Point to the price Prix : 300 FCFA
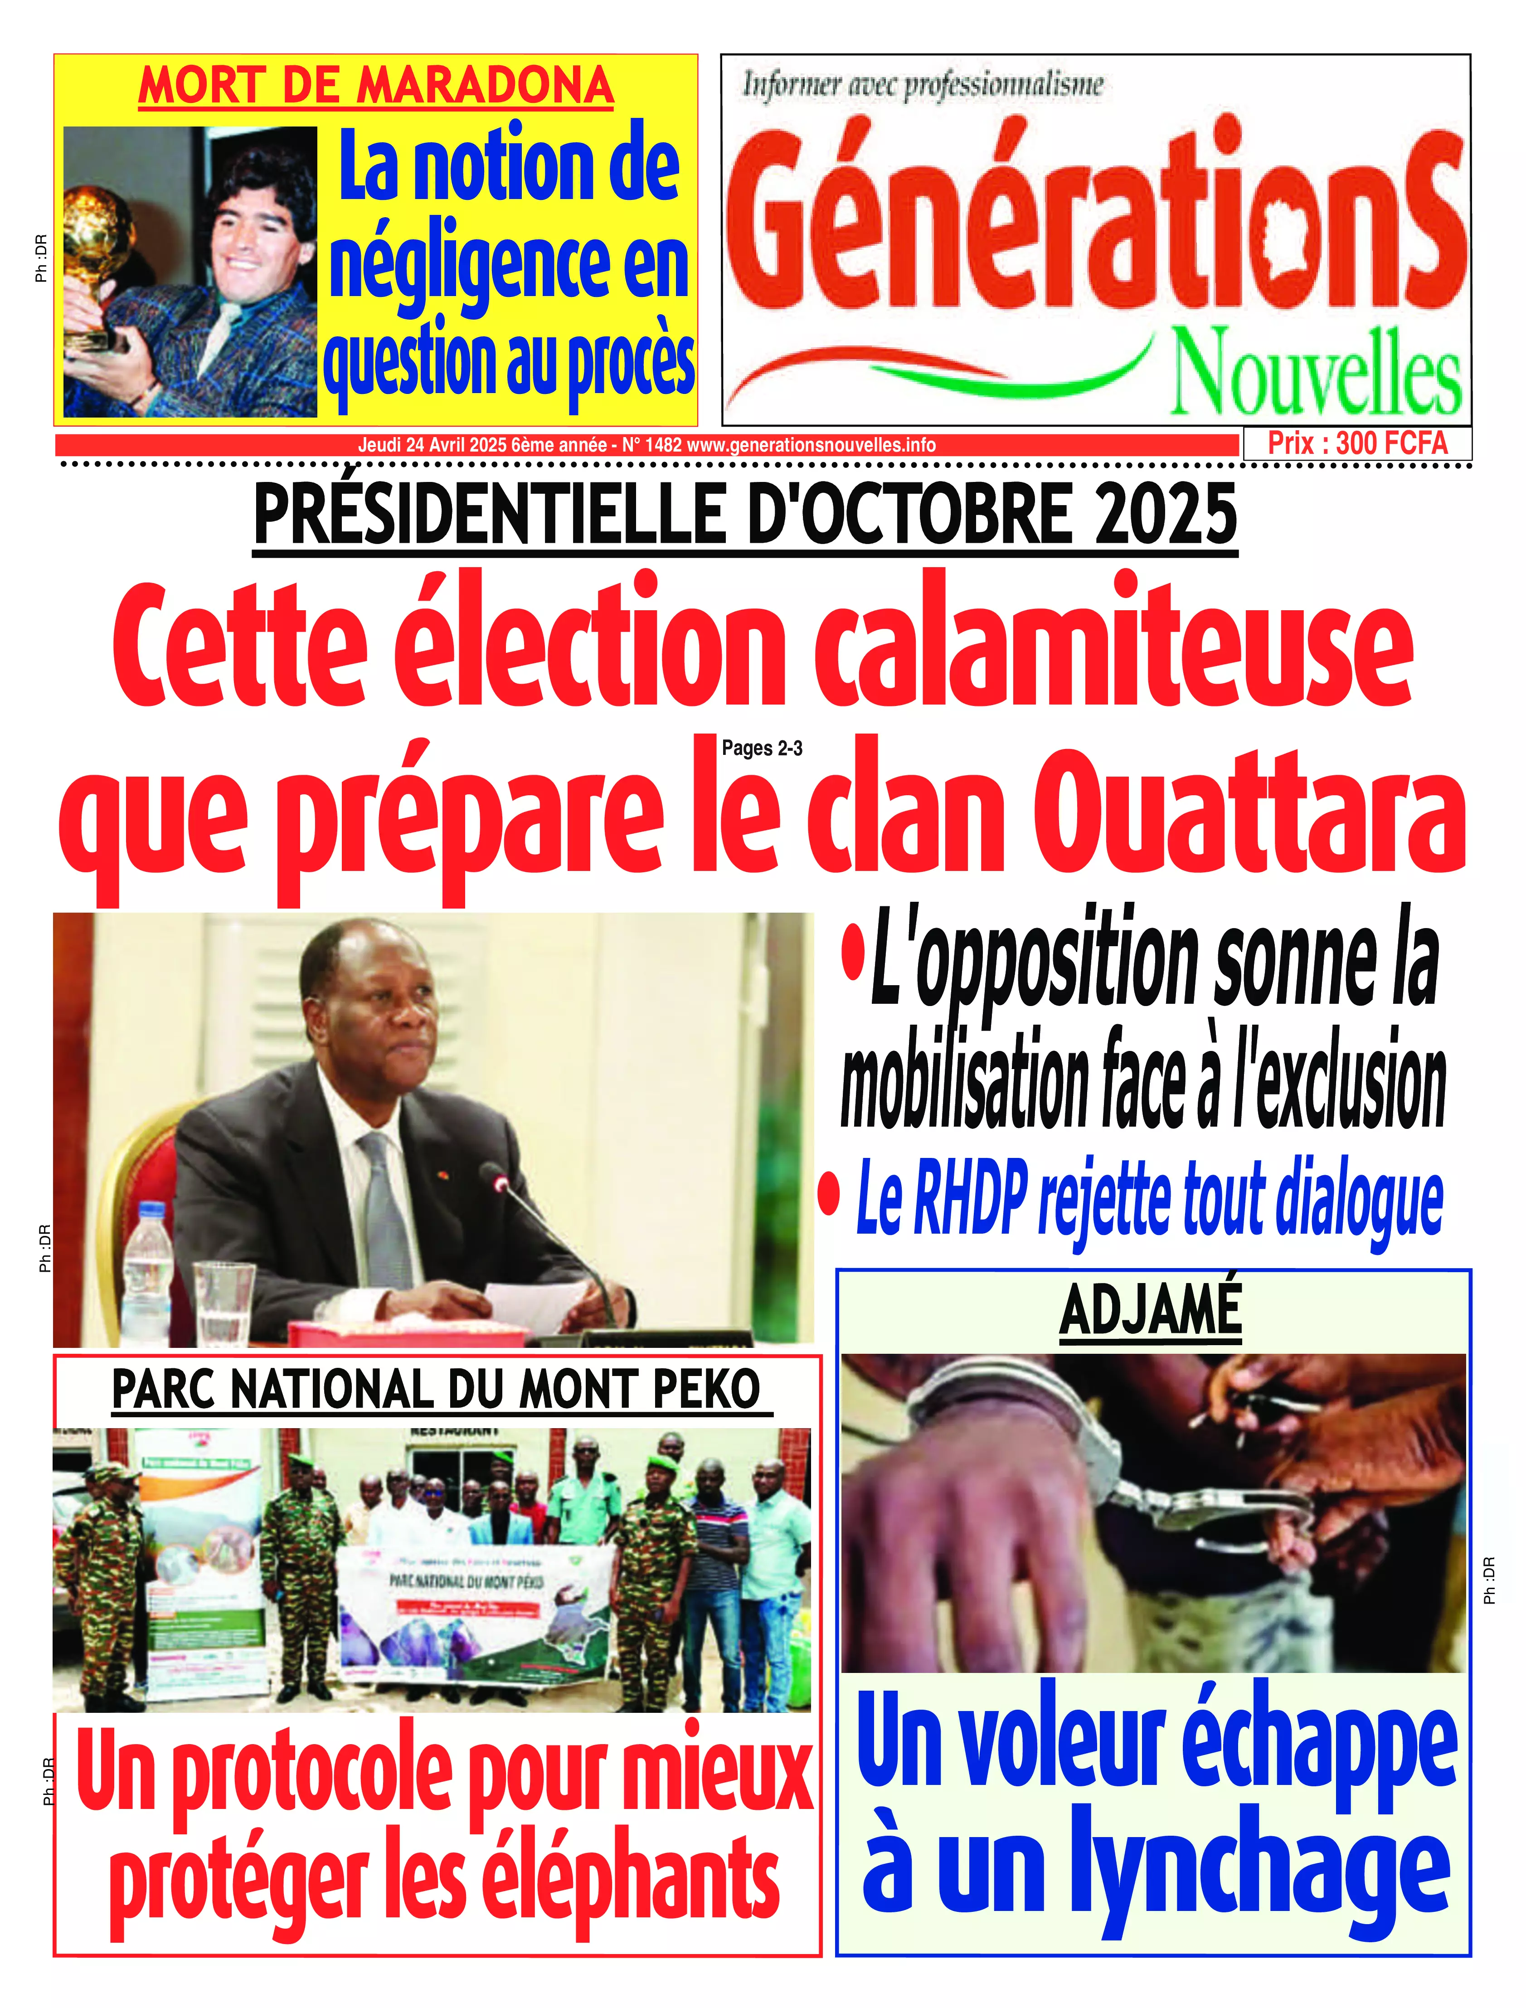[x=1357, y=443]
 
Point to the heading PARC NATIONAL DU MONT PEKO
[x=436, y=1390]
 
